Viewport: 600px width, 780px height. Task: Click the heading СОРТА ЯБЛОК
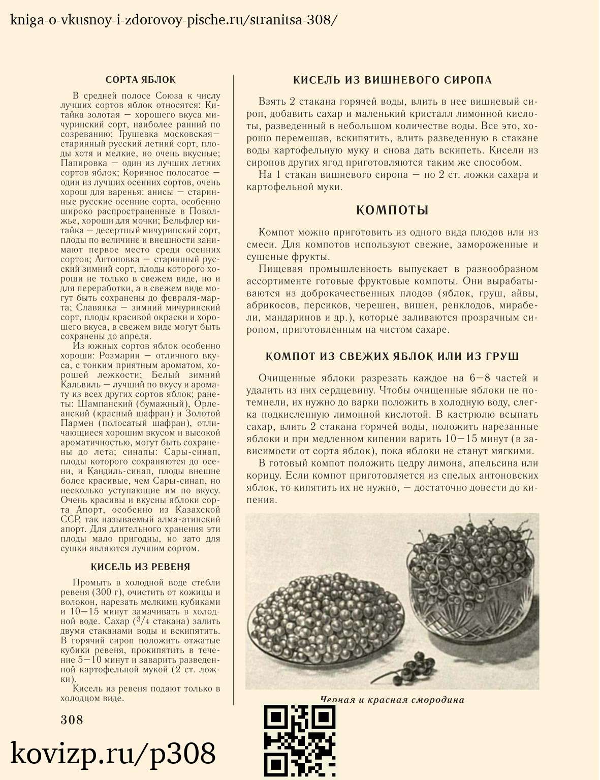[x=140, y=80]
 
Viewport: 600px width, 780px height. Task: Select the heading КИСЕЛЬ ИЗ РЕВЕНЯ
[x=140, y=567]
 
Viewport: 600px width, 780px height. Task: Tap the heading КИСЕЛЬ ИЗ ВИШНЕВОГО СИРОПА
[x=392, y=80]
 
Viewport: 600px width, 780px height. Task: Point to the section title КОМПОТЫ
[x=392, y=210]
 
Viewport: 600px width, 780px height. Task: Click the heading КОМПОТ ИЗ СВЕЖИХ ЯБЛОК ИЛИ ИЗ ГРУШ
[x=392, y=356]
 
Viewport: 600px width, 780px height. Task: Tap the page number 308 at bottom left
[x=72, y=720]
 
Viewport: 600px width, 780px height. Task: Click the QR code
[x=300, y=741]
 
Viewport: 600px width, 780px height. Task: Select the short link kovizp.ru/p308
[x=113, y=753]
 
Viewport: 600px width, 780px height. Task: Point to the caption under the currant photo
[x=392, y=700]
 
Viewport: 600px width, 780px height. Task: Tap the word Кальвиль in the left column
[x=80, y=385]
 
